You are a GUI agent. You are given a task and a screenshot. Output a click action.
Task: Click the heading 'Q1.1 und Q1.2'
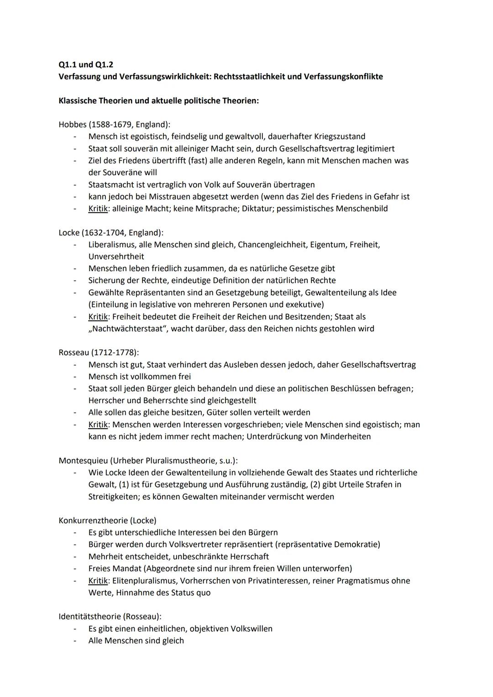86,65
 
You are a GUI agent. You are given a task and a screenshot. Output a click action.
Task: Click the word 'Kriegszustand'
340,136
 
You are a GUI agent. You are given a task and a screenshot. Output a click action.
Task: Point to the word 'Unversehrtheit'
116,257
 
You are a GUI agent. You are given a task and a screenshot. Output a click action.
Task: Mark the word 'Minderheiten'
345,436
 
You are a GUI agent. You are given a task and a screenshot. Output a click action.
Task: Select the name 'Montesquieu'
83,461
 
